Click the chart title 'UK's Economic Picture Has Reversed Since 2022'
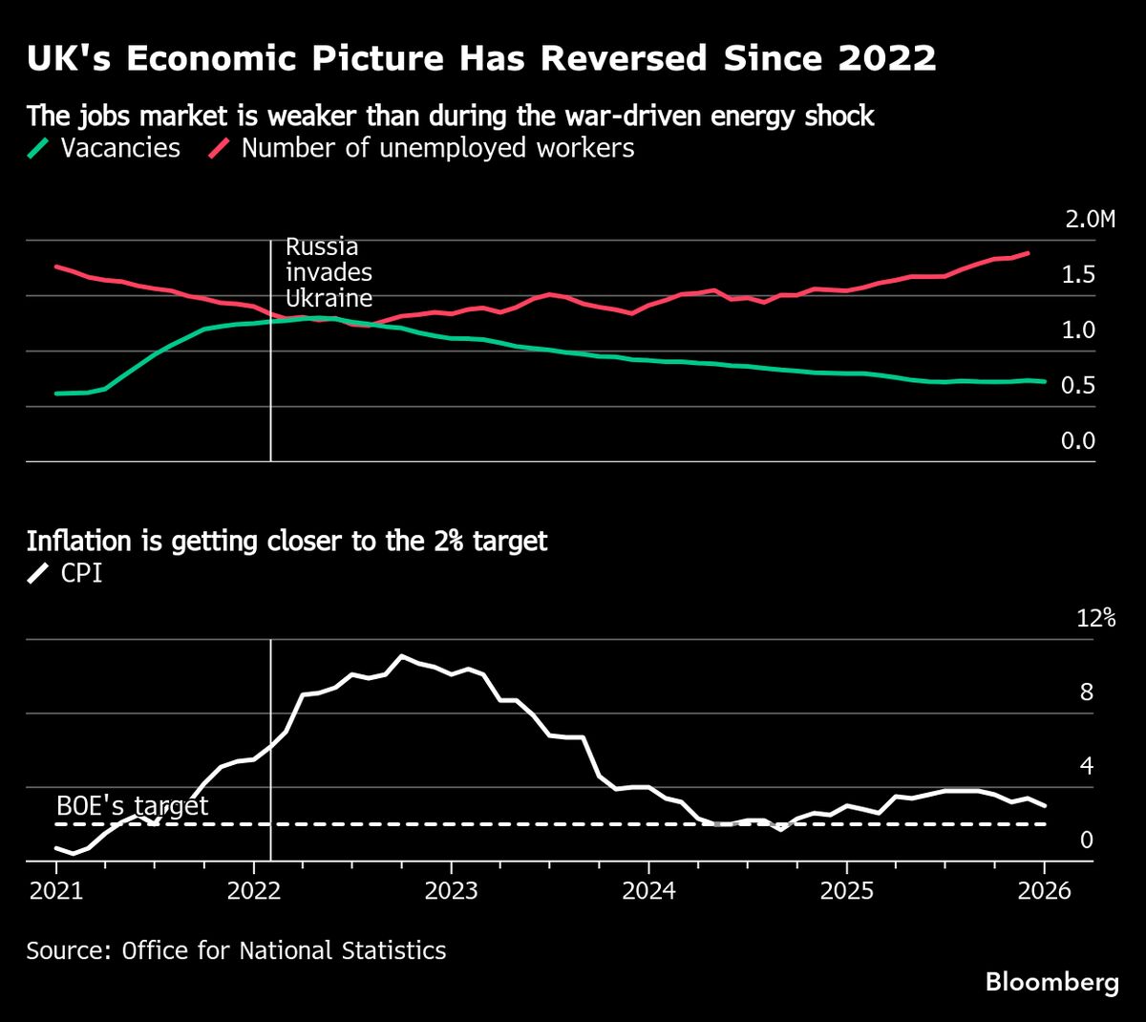point(480,59)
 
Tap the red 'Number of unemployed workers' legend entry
point(423,148)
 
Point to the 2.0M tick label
point(1090,220)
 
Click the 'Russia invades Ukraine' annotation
point(329,271)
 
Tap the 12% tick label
point(1095,618)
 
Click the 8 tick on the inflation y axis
point(1086,692)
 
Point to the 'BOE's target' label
point(132,805)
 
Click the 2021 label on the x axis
point(56,891)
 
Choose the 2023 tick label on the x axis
point(451,891)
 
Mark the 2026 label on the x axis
point(1044,891)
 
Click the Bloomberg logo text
point(1051,982)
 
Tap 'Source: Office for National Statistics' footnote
point(236,950)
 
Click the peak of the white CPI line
point(402,656)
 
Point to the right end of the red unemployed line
point(1029,253)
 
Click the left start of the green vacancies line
point(56,394)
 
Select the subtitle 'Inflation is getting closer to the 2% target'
point(286,541)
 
